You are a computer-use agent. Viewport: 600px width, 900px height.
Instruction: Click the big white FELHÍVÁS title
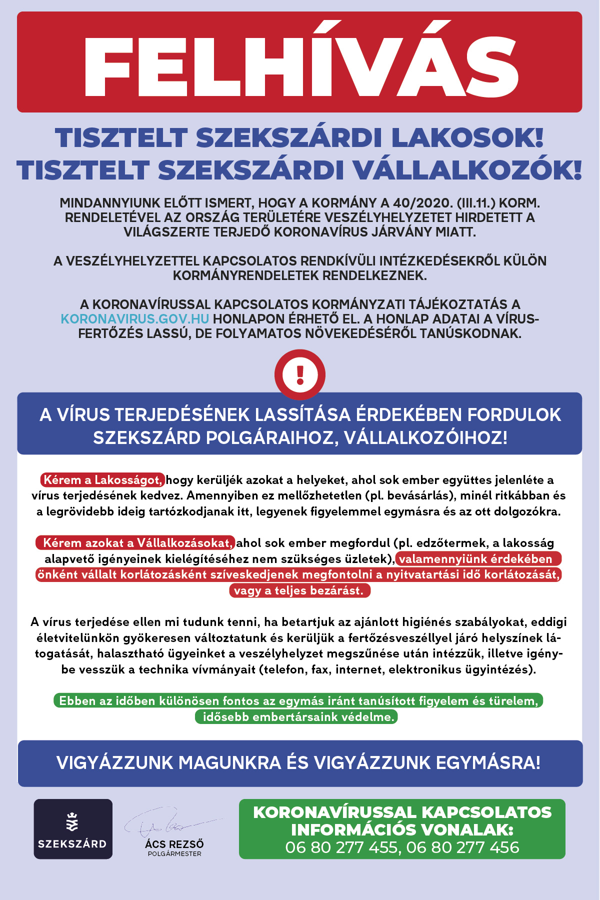[300, 62]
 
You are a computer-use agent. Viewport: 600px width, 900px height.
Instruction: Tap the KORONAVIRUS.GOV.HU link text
[135, 319]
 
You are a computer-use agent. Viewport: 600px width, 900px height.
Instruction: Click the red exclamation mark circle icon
[300, 374]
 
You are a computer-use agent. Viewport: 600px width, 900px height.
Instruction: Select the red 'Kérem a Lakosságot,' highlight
[103, 480]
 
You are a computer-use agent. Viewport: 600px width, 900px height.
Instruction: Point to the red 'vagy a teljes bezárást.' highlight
[299, 590]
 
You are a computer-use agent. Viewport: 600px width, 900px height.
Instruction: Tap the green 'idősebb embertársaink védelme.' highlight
[296, 717]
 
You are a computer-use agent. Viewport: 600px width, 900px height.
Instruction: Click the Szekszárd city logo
[73, 829]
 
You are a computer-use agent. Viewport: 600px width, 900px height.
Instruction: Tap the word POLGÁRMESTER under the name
[174, 854]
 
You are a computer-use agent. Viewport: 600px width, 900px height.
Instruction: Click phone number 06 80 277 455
[341, 847]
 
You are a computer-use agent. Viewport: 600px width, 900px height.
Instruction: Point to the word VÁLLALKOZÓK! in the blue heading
[467, 170]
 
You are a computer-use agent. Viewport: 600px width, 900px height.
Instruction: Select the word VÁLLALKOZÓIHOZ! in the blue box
[425, 437]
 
